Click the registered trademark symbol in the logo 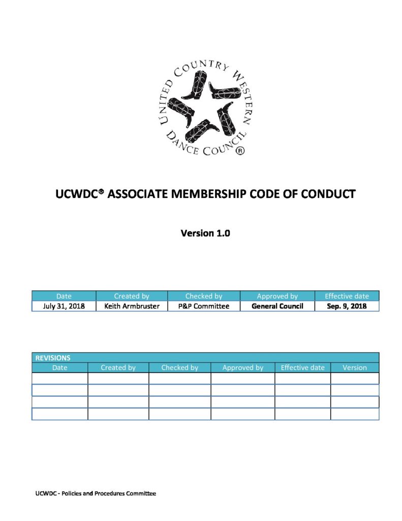(x=241, y=151)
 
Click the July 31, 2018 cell (x=64, y=306)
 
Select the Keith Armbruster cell (x=131, y=306)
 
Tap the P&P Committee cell (x=204, y=306)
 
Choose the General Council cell (x=277, y=306)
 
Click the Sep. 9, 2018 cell (x=347, y=306)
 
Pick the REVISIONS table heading (x=53, y=358)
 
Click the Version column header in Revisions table (x=355, y=367)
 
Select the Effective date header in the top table (x=347, y=296)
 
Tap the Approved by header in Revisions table (x=243, y=367)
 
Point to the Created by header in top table (x=131, y=296)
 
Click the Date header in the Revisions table (x=59, y=367)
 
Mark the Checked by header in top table (x=204, y=296)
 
